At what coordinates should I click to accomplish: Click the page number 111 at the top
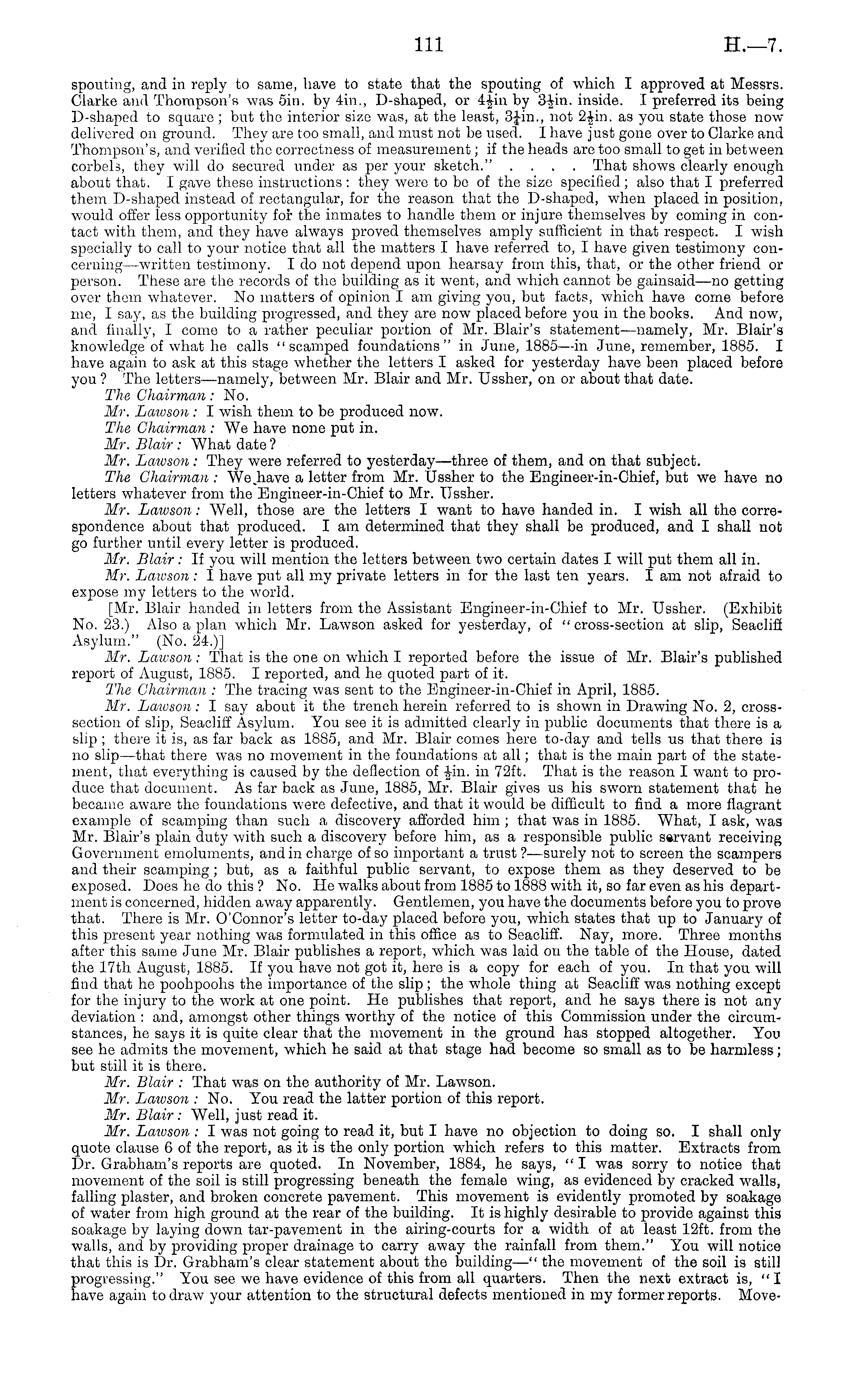[x=429, y=44]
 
